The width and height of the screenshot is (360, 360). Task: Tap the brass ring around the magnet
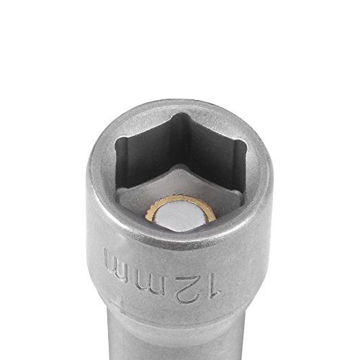click(180, 197)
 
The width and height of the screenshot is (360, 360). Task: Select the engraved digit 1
click(213, 285)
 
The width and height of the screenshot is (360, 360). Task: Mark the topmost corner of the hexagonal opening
click(183, 114)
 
